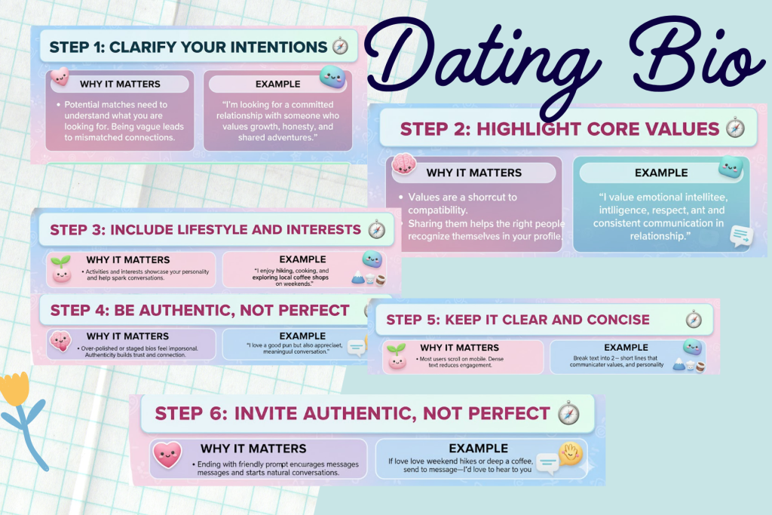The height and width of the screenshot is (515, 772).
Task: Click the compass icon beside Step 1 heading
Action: (x=341, y=47)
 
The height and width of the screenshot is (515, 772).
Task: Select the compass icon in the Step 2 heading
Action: (x=735, y=129)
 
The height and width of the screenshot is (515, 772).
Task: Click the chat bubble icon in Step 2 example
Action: (x=741, y=237)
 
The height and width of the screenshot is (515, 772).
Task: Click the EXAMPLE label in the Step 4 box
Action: (x=302, y=336)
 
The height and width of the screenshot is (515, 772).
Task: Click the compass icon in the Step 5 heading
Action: (x=694, y=320)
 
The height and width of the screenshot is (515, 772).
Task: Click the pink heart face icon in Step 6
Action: (x=167, y=455)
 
